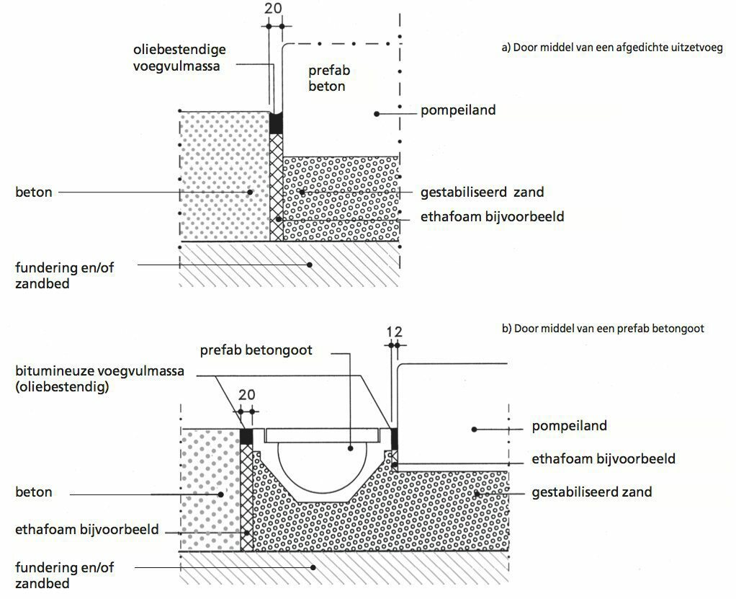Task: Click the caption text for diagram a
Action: pos(611,48)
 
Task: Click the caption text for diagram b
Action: pos(602,328)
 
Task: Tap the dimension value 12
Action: pos(394,332)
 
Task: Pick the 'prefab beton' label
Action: pos(327,79)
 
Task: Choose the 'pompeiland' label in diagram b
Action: pos(569,425)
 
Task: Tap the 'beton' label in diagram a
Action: pos(33,192)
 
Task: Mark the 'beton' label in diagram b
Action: pos(33,492)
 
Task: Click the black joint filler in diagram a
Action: pos(276,123)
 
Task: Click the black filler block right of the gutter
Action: pos(394,436)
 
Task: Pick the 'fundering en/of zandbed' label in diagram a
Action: pos(65,275)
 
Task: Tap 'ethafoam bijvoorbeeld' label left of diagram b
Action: pos(86,530)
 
